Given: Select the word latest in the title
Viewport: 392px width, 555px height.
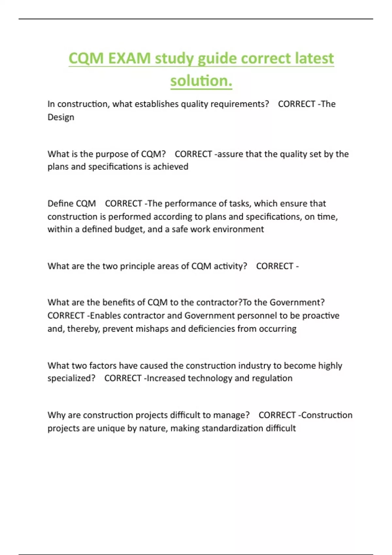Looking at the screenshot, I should [314, 58].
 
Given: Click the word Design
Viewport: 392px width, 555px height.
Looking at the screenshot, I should [61, 117].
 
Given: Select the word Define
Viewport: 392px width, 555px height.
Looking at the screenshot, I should [60, 203].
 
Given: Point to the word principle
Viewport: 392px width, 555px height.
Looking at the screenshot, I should [137, 266].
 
